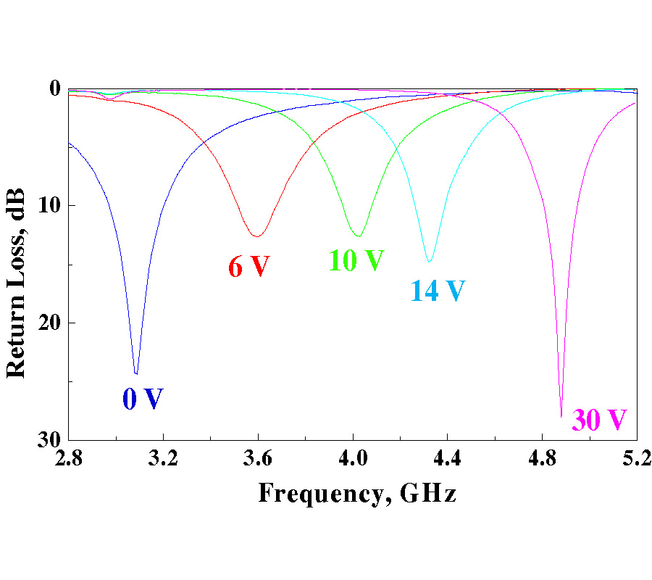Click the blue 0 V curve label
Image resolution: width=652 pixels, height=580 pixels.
[143, 399]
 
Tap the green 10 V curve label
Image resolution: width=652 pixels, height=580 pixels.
[356, 260]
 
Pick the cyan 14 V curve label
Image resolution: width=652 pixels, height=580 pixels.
[438, 291]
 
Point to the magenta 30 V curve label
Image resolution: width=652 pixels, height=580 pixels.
[599, 420]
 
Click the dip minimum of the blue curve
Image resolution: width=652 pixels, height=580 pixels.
[135, 373]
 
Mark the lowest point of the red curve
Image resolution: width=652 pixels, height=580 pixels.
[256, 236]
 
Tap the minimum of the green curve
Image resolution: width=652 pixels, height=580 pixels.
[358, 236]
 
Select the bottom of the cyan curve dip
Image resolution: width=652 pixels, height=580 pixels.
[430, 261]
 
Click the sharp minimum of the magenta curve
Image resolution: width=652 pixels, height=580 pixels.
[561, 416]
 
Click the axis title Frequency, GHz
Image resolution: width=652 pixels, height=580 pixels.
[357, 494]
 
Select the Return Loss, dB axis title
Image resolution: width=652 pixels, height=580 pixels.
[16, 283]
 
